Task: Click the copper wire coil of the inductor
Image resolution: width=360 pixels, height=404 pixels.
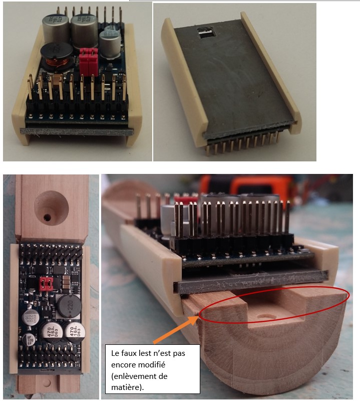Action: [57, 63]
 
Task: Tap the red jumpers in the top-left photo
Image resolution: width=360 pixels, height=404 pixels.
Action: [88, 61]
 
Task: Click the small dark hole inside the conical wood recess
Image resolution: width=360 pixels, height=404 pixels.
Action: [47, 218]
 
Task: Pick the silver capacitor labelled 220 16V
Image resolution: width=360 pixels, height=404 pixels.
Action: [31, 318]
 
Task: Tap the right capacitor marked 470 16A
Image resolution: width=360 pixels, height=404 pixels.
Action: [75, 333]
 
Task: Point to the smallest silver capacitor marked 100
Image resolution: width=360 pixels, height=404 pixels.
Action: [28, 339]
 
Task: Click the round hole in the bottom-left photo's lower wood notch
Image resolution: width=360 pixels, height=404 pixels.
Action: [47, 382]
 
